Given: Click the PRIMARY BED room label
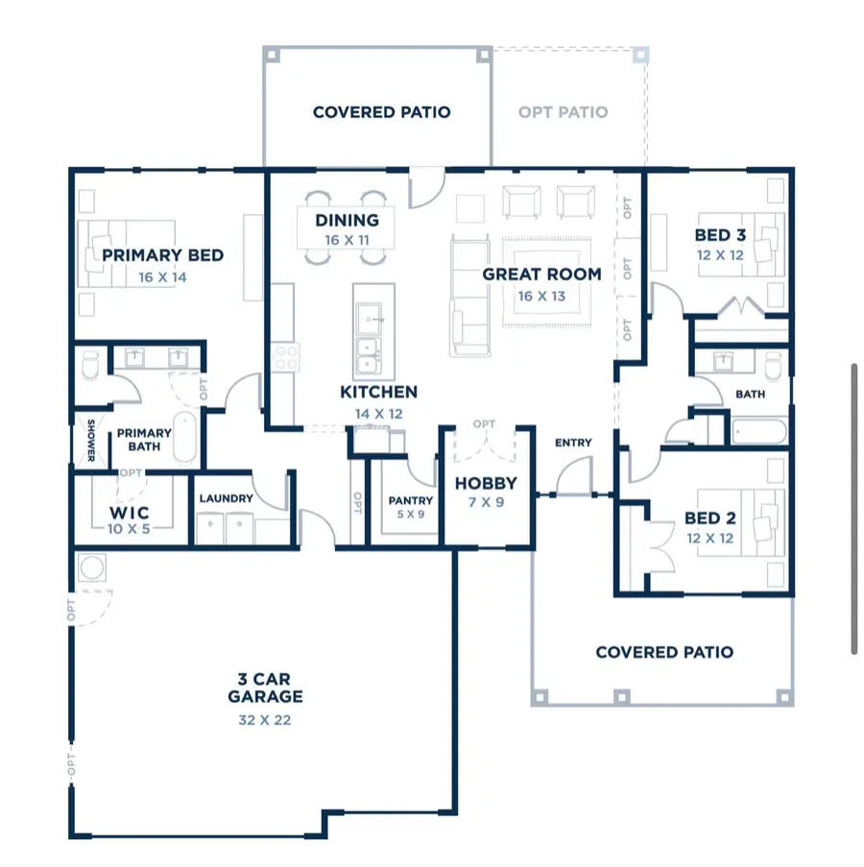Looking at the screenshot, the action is tap(162, 255).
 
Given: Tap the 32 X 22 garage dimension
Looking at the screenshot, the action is tap(264, 720).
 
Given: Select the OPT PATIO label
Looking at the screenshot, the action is tap(563, 112).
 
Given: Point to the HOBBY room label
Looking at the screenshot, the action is tap(486, 483).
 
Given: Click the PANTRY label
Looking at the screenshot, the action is tap(410, 500).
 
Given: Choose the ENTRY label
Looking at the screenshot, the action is tap(573, 443).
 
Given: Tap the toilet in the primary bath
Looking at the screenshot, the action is tap(90, 365).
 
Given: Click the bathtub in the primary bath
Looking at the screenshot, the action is tap(184, 437).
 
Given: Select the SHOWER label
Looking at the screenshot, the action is tap(91, 440).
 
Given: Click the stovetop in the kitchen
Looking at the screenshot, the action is tap(286, 357).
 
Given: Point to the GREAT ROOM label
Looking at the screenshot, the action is tap(541, 275).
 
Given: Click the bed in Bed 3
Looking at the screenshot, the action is tap(741, 245).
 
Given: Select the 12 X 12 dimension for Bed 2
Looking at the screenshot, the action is tap(709, 538).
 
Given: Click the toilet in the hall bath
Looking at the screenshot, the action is tap(774, 365).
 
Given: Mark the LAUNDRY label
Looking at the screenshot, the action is tap(227, 498).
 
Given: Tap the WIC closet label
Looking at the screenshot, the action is tap(130, 513).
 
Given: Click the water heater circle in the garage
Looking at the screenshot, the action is tap(92, 567).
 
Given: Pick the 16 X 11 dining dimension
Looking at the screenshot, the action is tap(347, 240).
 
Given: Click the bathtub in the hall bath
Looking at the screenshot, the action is tap(759, 432).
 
